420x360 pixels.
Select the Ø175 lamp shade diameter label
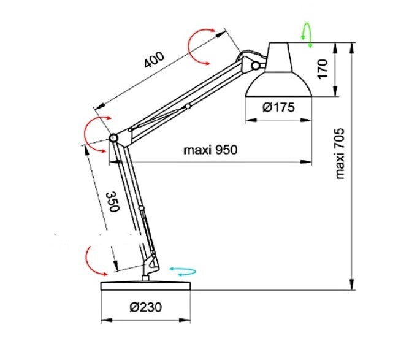coord(279,107)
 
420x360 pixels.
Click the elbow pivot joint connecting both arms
coord(114,138)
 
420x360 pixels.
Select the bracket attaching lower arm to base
coord(149,266)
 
